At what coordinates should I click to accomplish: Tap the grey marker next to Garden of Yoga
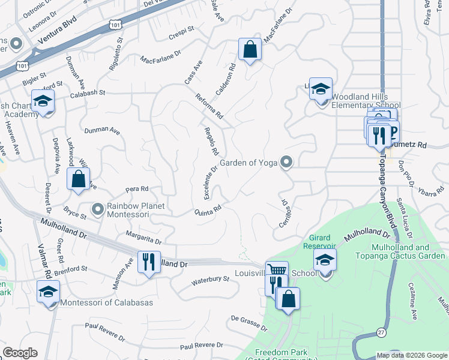[x=287, y=162]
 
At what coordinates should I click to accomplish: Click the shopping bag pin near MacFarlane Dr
[x=250, y=50]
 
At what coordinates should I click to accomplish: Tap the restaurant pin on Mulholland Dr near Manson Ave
[x=149, y=262]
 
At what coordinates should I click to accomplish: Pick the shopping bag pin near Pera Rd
[x=79, y=179]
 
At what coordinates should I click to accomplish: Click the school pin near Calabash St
[x=43, y=101]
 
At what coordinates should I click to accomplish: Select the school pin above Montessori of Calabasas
[x=48, y=292]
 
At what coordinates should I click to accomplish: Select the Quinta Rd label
[x=208, y=211]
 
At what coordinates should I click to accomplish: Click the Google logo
[x=20, y=353]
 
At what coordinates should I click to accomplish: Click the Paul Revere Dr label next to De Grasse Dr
[x=201, y=346]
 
